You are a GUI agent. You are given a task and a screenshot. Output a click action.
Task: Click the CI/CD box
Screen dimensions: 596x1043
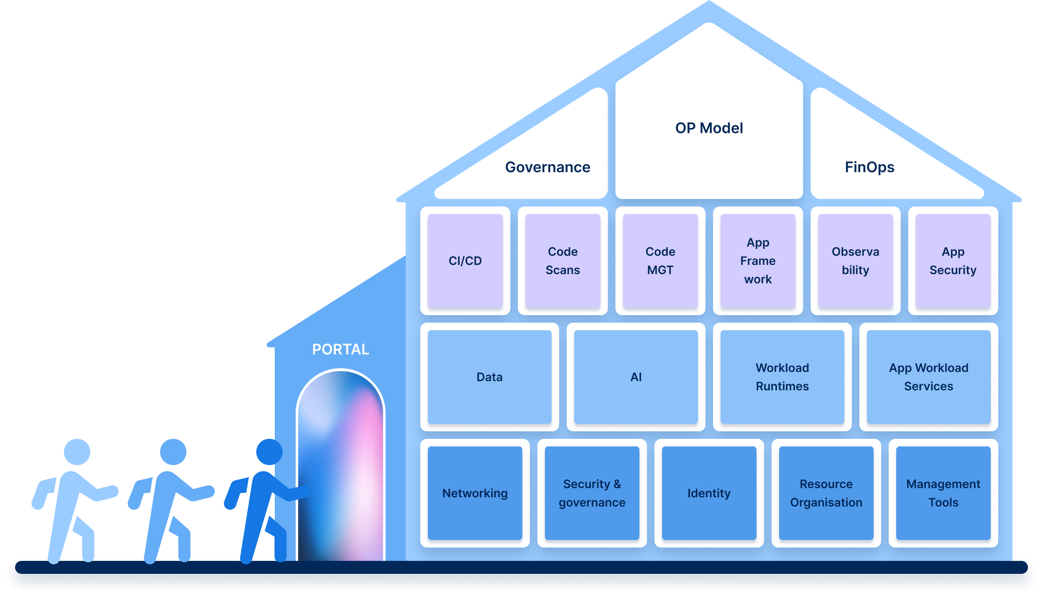pos(465,261)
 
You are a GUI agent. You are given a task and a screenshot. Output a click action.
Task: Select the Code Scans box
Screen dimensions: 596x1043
pos(562,261)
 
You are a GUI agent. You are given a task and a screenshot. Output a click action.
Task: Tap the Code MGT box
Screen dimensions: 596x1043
pos(660,261)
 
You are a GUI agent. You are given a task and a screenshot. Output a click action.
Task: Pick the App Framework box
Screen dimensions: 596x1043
pos(758,261)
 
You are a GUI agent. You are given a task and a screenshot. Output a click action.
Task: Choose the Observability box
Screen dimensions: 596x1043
pos(855,261)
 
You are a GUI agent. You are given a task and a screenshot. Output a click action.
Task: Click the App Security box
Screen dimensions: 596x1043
pos(953,261)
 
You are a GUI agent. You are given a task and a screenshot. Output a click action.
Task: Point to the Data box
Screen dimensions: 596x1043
pos(489,377)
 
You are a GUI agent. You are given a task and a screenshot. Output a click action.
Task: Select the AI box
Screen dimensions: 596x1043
pos(636,377)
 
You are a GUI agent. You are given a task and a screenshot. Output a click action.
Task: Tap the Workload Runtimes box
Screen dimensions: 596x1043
pos(782,377)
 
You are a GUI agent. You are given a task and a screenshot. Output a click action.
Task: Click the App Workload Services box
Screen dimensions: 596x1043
pos(928,377)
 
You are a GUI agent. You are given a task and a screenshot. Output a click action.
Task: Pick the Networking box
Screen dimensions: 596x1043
pos(475,493)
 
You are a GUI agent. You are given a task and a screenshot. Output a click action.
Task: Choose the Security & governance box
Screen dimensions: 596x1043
pos(592,493)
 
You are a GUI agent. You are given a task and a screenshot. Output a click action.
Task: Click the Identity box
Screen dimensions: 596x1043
pos(709,493)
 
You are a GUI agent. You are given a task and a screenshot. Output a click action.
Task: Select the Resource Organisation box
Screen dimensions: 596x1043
pos(826,493)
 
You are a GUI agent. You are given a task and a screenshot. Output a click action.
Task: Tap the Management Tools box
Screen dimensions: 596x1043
pos(943,493)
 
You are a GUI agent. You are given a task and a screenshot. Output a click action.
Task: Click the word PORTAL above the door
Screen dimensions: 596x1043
pos(340,349)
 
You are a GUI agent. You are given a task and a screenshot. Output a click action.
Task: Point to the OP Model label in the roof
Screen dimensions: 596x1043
pos(709,128)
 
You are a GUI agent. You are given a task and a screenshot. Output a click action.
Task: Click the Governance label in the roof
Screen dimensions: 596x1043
pos(547,167)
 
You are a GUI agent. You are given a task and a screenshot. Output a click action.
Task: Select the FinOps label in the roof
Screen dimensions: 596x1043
pos(869,167)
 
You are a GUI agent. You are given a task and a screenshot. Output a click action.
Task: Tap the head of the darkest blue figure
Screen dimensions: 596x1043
pos(269,452)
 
